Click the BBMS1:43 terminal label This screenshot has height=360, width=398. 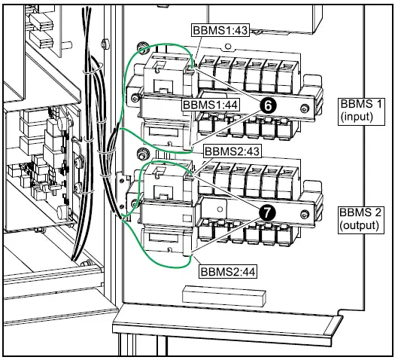[x=220, y=30]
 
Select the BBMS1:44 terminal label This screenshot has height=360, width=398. [x=211, y=105]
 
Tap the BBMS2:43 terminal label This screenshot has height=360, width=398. [x=232, y=151]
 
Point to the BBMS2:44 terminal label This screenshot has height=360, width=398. [x=228, y=272]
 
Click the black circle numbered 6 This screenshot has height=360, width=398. [x=268, y=105]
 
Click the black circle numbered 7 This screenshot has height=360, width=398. [x=267, y=213]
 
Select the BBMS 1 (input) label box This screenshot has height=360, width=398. [x=361, y=111]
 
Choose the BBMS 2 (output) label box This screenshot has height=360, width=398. [x=360, y=220]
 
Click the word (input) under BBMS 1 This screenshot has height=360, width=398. [x=357, y=117]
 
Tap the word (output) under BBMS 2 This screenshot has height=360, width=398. [x=359, y=226]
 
